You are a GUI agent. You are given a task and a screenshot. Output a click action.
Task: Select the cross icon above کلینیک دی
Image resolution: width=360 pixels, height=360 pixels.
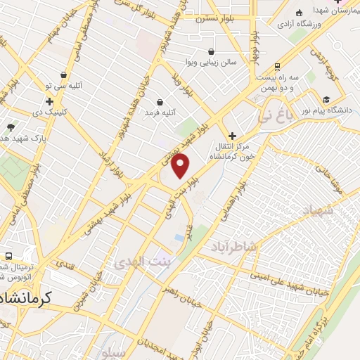(49, 102)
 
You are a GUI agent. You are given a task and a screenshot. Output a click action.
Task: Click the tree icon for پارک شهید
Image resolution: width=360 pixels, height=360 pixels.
(11, 127)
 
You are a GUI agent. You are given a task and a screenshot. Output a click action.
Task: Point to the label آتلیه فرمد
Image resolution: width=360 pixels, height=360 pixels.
(161, 112)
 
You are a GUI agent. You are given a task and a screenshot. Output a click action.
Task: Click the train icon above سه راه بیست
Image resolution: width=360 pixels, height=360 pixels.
(278, 66)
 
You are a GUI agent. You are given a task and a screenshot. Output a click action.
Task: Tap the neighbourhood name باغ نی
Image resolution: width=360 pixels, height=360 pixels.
(272, 115)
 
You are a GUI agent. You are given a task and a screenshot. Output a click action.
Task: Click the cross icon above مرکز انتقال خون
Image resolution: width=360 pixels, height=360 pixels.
(232, 136)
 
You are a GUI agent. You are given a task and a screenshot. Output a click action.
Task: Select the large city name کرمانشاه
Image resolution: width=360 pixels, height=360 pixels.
(30, 297)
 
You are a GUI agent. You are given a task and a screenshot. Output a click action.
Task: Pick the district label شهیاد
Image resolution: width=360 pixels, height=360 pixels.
(320, 210)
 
